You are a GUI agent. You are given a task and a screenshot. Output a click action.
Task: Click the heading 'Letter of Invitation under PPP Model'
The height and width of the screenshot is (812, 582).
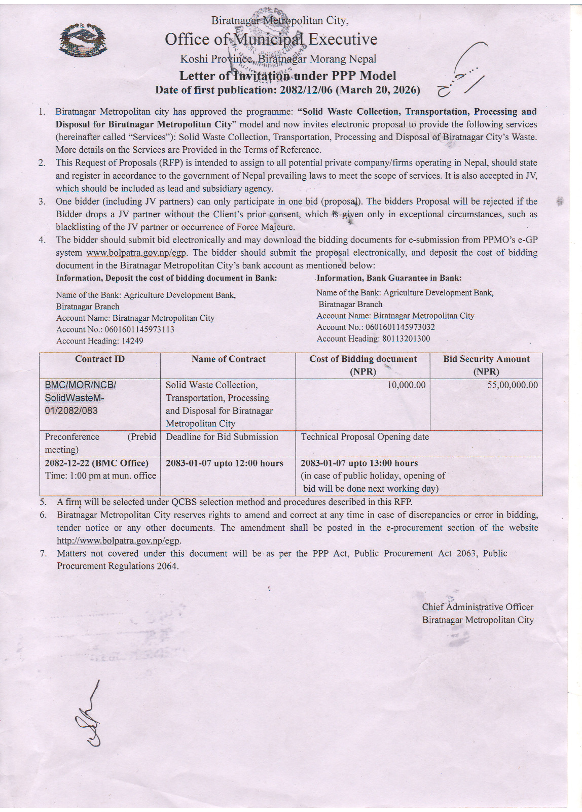[x=287, y=76]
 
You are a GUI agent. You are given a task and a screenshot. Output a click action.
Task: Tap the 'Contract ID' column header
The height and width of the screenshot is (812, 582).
[x=100, y=359]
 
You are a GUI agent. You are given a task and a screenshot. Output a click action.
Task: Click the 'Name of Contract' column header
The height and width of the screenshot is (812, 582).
[x=228, y=359]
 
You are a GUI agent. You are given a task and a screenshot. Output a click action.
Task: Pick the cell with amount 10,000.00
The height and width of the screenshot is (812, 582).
[x=406, y=385]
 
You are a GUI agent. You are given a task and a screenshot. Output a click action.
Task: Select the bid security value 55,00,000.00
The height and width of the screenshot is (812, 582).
[x=513, y=385]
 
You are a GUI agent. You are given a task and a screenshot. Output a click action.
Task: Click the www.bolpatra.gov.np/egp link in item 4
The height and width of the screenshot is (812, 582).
[x=136, y=253]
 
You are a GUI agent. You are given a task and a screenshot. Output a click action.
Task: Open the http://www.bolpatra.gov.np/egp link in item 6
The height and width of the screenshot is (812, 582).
[x=119, y=540]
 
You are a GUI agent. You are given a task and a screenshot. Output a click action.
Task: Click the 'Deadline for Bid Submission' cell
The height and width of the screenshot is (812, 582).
[x=222, y=437]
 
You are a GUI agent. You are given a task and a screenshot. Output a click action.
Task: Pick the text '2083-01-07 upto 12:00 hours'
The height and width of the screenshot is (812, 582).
[x=224, y=463]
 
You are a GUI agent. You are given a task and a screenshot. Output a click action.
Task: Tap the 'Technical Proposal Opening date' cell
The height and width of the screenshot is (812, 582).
[x=365, y=437]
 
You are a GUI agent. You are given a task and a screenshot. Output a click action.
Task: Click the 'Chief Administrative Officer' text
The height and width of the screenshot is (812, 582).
[x=478, y=607]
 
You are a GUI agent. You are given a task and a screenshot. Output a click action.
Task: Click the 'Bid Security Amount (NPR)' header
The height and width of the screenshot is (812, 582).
[x=486, y=365]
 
